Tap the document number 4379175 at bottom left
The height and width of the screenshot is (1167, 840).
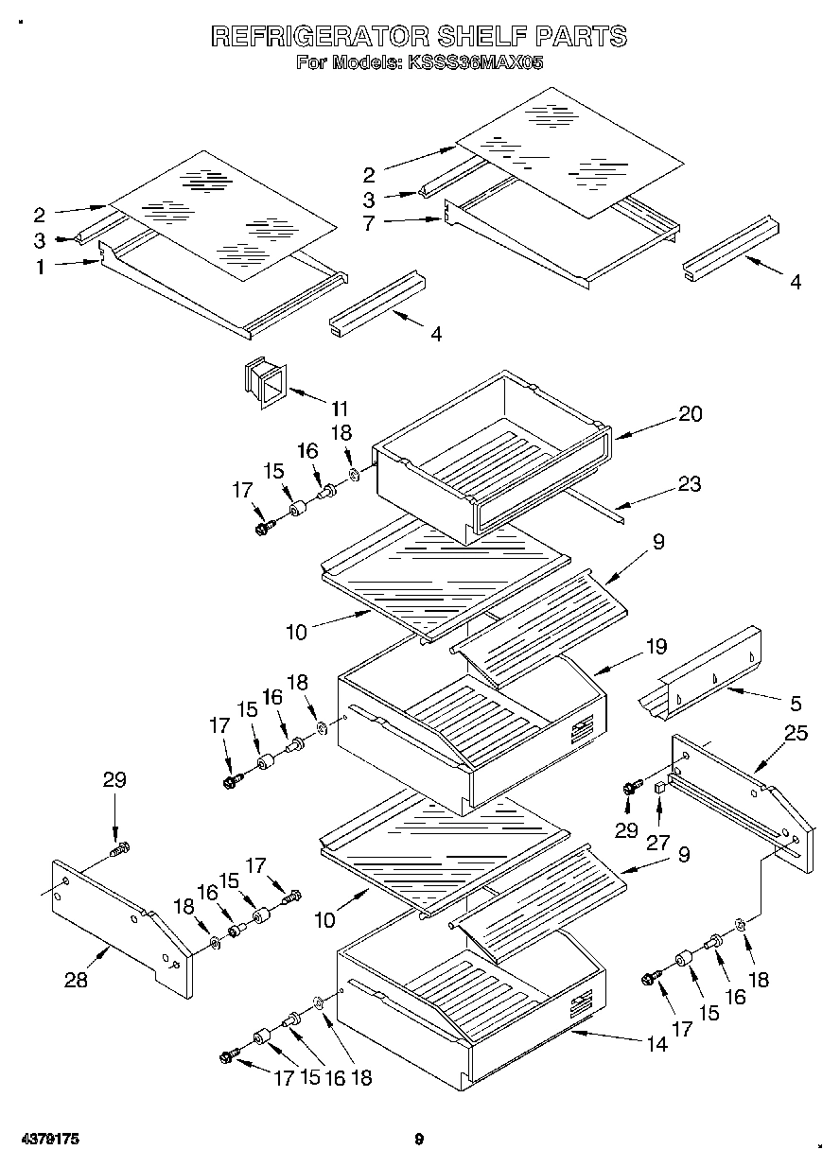click(x=48, y=1140)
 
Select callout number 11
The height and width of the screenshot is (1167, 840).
click(x=339, y=409)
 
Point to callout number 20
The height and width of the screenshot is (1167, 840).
click(x=691, y=414)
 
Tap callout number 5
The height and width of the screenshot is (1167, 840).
click(x=796, y=703)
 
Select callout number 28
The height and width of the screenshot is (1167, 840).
click(x=76, y=981)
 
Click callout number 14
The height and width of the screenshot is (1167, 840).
click(x=656, y=1044)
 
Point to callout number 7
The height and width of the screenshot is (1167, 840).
click(x=369, y=224)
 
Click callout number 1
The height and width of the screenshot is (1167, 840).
click(x=40, y=268)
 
